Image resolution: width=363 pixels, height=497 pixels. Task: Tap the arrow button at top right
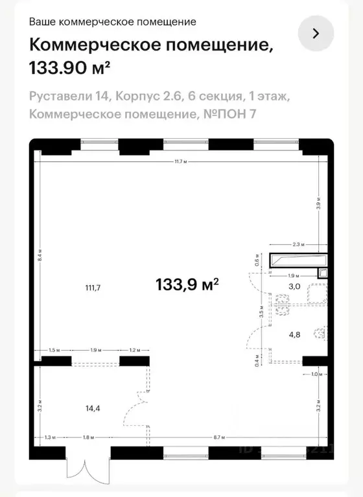click(x=316, y=34)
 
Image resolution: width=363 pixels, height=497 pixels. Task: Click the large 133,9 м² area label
click(x=187, y=284)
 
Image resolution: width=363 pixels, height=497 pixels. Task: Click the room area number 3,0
click(x=294, y=286)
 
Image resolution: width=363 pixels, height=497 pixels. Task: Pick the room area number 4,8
click(x=294, y=336)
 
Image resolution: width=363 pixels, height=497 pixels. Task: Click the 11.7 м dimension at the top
click(x=181, y=161)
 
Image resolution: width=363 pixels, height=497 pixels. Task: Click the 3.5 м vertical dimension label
click(x=261, y=317)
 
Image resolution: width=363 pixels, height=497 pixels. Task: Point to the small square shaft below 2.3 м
click(x=322, y=273)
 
